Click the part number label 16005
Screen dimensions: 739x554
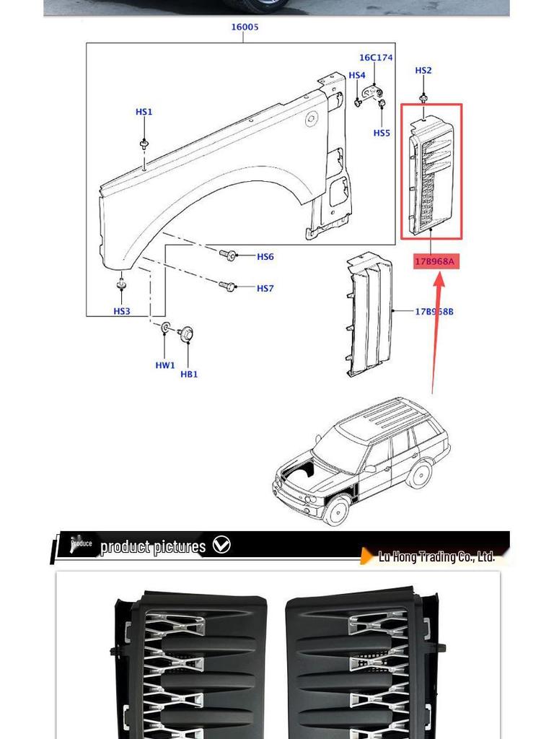tap(245, 27)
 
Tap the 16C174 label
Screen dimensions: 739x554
tap(376, 58)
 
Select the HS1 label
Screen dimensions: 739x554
tap(144, 112)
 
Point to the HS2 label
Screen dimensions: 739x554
tap(423, 71)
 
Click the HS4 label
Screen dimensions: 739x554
tap(357, 75)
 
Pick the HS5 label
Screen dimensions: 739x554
tap(382, 133)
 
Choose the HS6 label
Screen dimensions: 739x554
tap(265, 257)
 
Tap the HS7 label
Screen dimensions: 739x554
tap(265, 289)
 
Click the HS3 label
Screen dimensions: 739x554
tap(122, 311)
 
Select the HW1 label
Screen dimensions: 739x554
tap(165, 365)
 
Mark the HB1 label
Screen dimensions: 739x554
tap(189, 374)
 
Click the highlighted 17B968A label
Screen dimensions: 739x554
tap(434, 261)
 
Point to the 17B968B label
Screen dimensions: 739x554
tap(434, 312)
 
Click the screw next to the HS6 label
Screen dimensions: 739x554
tap(229, 255)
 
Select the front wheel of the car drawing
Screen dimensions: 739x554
tap(335, 511)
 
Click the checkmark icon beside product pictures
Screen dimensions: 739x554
tap(222, 545)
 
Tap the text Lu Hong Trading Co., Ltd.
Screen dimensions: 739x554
tap(436, 556)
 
